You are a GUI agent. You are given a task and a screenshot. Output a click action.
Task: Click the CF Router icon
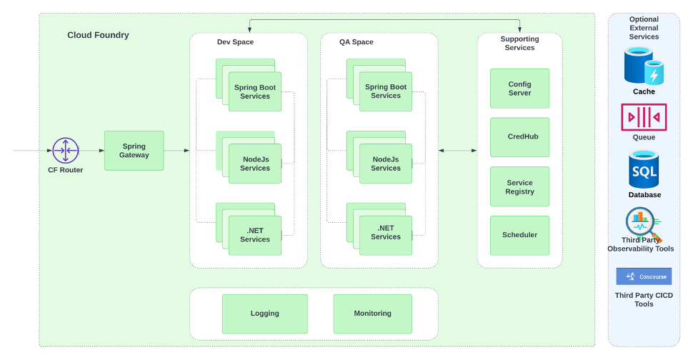click(66, 150)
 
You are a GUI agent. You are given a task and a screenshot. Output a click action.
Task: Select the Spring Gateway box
click(134, 151)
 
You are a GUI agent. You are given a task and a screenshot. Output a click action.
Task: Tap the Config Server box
click(519, 89)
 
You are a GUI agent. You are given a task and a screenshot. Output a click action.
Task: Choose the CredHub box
click(519, 137)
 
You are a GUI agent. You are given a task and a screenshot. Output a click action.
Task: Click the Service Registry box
click(519, 186)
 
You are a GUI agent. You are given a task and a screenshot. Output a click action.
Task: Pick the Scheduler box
click(519, 235)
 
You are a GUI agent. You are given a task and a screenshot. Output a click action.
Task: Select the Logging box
click(264, 314)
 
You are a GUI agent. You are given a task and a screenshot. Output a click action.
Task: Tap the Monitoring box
click(372, 314)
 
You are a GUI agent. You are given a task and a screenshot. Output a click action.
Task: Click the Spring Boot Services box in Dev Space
click(255, 91)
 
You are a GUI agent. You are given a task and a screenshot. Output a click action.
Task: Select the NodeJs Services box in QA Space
click(386, 164)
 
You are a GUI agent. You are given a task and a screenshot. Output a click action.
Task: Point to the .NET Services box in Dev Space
click(255, 235)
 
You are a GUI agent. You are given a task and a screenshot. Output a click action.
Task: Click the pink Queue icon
click(644, 117)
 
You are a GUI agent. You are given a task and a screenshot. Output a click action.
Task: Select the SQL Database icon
click(644, 169)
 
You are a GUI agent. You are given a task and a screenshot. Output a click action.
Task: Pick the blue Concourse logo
click(644, 276)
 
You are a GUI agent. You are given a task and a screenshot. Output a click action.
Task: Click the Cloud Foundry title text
click(98, 35)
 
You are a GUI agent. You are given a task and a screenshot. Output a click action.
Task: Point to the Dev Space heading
click(235, 42)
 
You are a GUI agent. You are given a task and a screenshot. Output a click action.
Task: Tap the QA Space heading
click(356, 42)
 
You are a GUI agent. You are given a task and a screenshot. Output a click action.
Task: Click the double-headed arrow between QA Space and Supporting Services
click(458, 151)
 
